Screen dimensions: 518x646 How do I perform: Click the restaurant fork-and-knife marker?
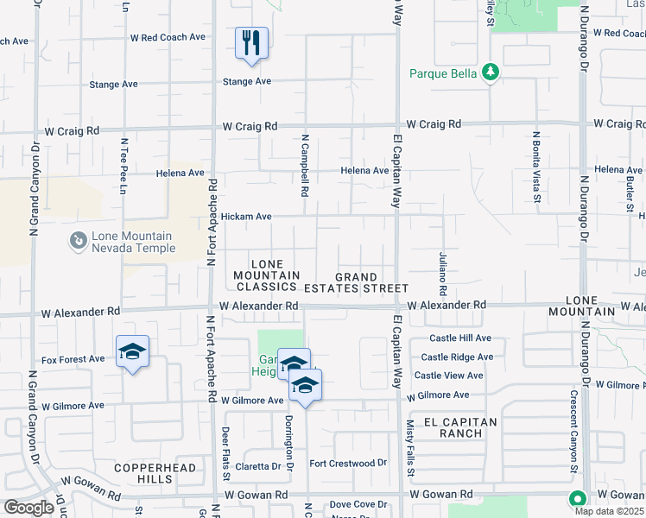(251, 42)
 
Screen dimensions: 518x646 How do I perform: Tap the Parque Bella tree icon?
(491, 72)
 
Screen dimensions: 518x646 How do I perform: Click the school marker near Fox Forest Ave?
(132, 351)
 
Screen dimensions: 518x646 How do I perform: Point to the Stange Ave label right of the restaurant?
(247, 82)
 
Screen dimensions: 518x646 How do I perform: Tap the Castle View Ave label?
(449, 376)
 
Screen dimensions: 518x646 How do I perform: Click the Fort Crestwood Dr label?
(348, 464)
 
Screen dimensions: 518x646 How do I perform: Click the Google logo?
(28, 508)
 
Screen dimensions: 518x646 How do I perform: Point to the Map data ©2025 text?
(609, 511)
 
